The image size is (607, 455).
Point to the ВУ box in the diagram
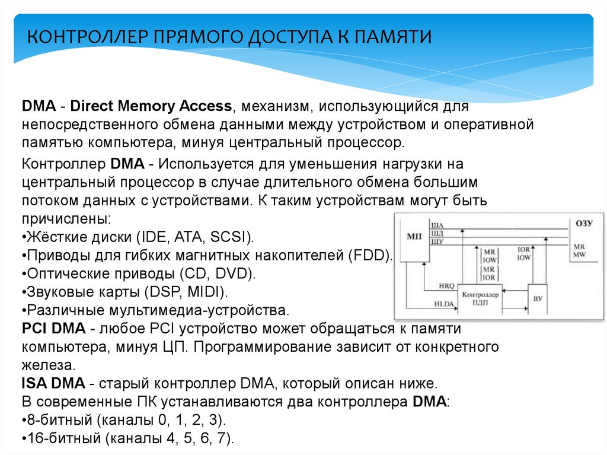(538, 298)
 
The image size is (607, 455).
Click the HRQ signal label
(446, 287)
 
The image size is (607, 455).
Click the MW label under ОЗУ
(579, 254)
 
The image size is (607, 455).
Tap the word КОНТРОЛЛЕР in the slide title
(89, 37)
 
